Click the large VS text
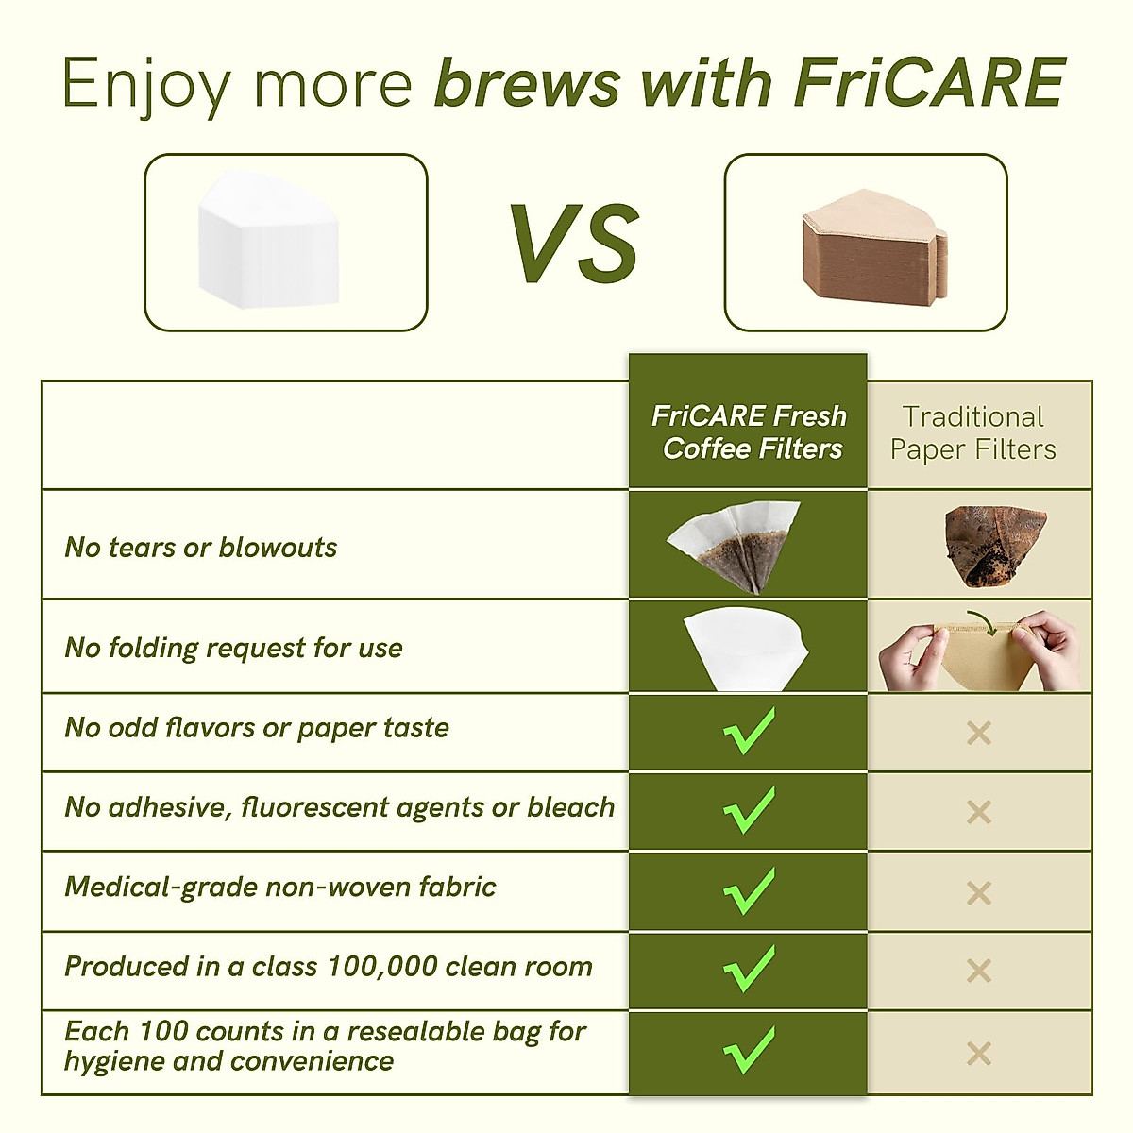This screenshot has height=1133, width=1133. [575, 244]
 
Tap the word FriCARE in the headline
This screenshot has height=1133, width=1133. [930, 83]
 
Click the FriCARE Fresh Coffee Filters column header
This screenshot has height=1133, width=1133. [749, 431]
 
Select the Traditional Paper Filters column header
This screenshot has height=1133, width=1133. [973, 432]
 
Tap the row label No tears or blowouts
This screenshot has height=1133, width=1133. [200, 547]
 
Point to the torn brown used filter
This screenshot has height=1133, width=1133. [994, 546]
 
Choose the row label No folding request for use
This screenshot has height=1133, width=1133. [233, 648]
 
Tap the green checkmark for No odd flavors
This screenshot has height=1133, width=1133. [749, 730]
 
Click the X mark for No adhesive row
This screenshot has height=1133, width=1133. [979, 812]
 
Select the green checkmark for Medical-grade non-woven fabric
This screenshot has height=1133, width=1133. [749, 889]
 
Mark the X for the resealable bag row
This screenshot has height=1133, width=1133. [979, 1053]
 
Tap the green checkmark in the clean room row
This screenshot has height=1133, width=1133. [749, 969]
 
